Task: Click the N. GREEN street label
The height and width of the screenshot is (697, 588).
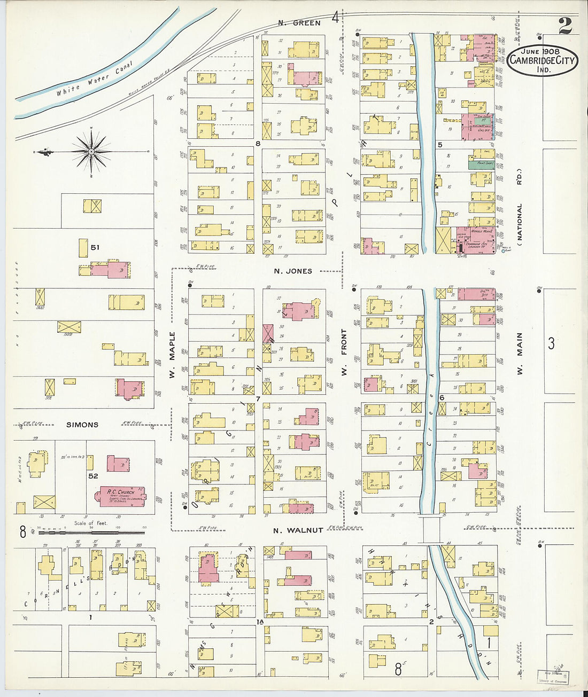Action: pos(299,23)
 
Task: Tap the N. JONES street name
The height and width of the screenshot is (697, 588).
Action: pos(293,271)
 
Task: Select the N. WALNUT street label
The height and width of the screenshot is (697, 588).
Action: pos(298,530)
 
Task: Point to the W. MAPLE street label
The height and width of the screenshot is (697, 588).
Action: pos(172,355)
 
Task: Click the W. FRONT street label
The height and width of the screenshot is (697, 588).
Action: pos(344,351)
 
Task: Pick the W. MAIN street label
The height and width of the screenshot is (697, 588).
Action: pos(520,354)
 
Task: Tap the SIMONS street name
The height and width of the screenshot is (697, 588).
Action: pos(82,425)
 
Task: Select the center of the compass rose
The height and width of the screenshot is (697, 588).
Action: pos(91,152)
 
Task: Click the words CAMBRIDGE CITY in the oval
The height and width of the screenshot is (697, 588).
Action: pos(542,60)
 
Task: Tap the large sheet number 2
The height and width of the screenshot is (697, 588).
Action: pos(564,26)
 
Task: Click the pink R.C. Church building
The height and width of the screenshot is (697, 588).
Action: pos(121,495)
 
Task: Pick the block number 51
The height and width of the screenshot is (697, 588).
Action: pos(95,247)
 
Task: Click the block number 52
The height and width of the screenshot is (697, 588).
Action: pos(93,475)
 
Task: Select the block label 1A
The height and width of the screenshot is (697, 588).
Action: pos(260,622)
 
